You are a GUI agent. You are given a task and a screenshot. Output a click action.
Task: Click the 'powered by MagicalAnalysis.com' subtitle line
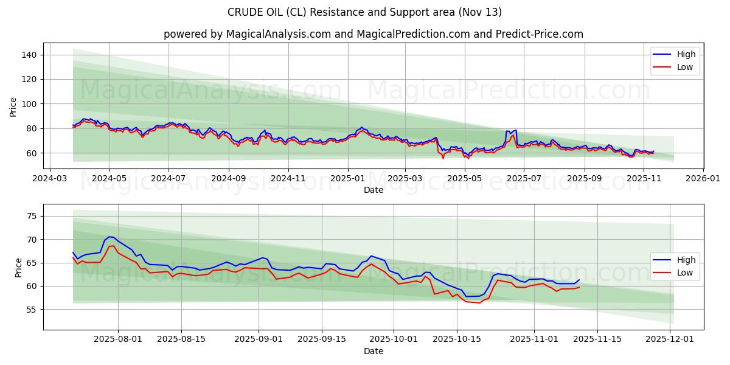(373, 34)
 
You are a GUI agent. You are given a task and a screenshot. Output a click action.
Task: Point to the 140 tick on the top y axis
(30, 55)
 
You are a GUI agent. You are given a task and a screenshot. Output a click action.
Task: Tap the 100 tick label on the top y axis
(30, 104)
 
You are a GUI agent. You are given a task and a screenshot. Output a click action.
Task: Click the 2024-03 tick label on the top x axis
(49, 179)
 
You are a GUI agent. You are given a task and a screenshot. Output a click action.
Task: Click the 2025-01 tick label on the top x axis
(347, 179)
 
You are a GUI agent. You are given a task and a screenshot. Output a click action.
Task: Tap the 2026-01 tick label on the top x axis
(703, 179)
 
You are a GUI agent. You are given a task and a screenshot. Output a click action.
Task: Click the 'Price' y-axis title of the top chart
(13, 107)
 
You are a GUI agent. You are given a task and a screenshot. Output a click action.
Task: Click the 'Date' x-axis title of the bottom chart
(373, 352)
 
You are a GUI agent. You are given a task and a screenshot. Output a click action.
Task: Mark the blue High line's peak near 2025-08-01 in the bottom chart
(110, 237)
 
